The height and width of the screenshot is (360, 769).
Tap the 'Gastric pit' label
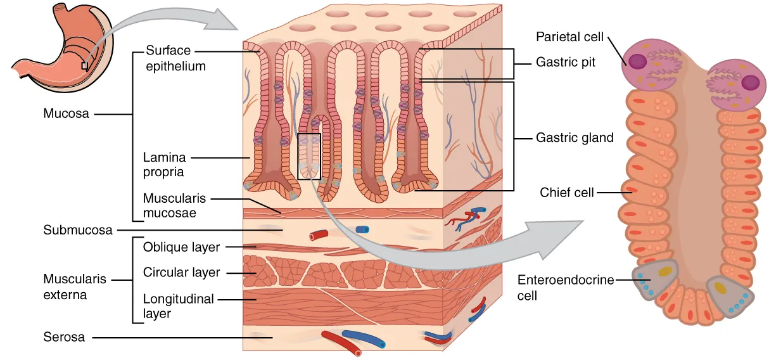point(566,63)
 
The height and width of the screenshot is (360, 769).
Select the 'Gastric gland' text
point(575,137)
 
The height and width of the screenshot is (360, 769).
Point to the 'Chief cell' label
point(567,192)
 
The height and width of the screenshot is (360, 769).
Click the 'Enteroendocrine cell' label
point(566,287)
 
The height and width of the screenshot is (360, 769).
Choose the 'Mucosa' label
point(66,114)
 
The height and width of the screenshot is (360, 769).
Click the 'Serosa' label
point(64,337)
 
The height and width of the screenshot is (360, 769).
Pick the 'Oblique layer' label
point(181,247)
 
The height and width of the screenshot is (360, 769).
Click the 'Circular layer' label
point(181,273)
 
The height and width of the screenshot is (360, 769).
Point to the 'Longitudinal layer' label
point(178,305)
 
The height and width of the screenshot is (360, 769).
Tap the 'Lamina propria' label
point(163,164)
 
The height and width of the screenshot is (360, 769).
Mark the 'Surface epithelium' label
point(175,58)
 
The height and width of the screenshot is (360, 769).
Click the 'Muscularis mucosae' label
point(174,205)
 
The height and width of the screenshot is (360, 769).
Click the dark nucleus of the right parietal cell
point(750,82)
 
